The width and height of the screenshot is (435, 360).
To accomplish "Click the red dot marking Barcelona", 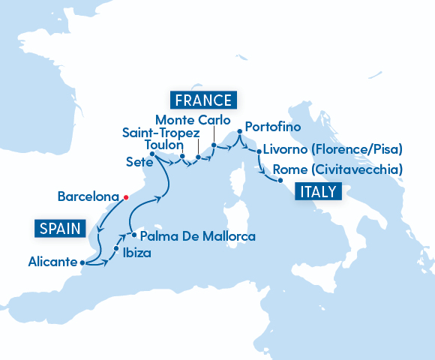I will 125,197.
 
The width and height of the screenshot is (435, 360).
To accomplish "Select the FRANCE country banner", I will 203,100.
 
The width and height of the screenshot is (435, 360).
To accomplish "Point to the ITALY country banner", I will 319,191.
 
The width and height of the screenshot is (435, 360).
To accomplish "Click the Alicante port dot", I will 82,262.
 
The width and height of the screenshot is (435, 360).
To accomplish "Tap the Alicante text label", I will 52,262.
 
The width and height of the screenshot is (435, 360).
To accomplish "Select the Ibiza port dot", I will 116,247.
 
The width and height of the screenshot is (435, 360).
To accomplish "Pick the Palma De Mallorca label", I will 198,236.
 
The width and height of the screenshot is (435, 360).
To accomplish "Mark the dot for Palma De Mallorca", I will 134,234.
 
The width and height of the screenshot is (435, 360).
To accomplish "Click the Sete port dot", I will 152,154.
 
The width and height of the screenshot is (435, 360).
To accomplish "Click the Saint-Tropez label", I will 160,132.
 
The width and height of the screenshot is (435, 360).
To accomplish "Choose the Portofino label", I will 272,125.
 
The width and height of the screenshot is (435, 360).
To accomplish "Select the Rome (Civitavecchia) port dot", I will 279,180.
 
